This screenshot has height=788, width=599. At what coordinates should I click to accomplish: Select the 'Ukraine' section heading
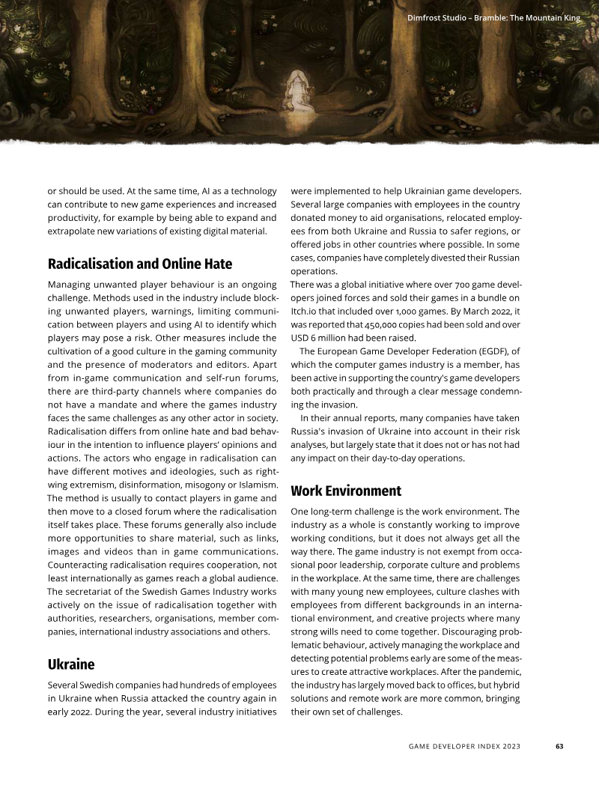[71, 664]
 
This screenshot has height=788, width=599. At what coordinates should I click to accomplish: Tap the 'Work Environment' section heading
[346, 491]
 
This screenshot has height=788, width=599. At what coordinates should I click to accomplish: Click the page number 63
[559, 746]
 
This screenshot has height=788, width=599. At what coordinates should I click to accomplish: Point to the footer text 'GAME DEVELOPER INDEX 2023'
[464, 746]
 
